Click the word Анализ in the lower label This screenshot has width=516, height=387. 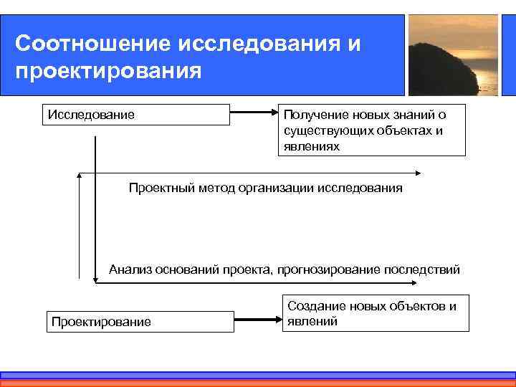pos(129,269)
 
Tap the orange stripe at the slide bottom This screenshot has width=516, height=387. pos(258,383)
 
